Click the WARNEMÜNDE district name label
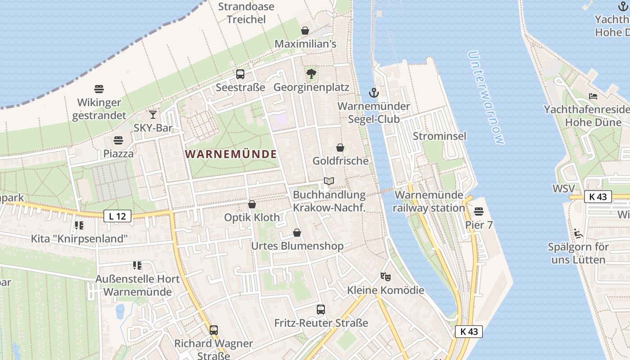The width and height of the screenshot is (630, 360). tap(231, 154)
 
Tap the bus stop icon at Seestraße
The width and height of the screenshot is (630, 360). tap(240, 74)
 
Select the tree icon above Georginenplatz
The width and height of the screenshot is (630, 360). tap(311, 74)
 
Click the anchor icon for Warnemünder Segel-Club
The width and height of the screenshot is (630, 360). tap(373, 93)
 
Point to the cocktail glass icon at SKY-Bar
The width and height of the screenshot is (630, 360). tap(153, 115)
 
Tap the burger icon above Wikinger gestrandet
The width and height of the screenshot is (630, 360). tap(99, 89)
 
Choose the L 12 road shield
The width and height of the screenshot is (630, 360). tap(117, 216)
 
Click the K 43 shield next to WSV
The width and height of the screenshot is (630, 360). tap(598, 196)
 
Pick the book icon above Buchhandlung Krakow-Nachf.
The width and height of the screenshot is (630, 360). tap(329, 181)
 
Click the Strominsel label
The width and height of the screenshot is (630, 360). tap(440, 136)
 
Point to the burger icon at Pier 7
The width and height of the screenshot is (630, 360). tap(479, 211)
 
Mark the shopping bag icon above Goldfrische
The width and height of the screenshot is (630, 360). tap(340, 148)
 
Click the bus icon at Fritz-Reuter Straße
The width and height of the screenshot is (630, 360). tap(321, 310)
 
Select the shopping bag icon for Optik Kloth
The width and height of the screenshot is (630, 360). tap(252, 204)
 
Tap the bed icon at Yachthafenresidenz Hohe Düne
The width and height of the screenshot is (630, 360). tap(593, 96)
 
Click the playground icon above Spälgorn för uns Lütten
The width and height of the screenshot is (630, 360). tap(578, 234)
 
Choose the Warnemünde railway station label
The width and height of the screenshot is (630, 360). tap(429, 201)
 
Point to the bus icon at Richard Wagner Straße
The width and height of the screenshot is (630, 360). tap(214, 330)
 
